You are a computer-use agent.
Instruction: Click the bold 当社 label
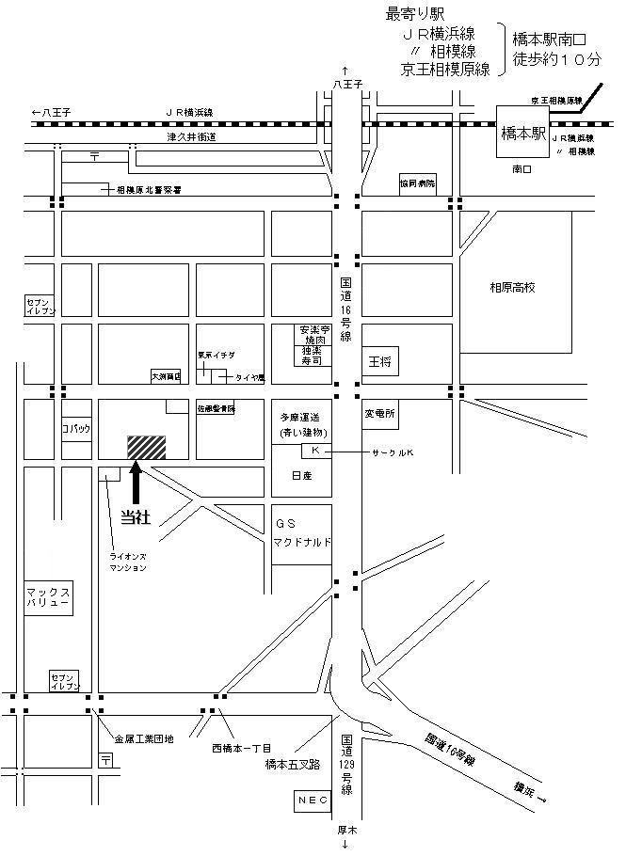(136, 516)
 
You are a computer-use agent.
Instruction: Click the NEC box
(310, 800)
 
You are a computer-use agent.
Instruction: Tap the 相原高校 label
(512, 288)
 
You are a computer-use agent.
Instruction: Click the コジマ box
(75, 428)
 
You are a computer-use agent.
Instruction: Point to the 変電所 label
(380, 413)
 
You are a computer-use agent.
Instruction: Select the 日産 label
(300, 476)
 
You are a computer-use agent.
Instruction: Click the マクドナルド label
(302, 543)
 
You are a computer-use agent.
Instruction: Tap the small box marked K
(315, 452)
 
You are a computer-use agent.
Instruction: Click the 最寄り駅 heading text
(414, 15)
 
